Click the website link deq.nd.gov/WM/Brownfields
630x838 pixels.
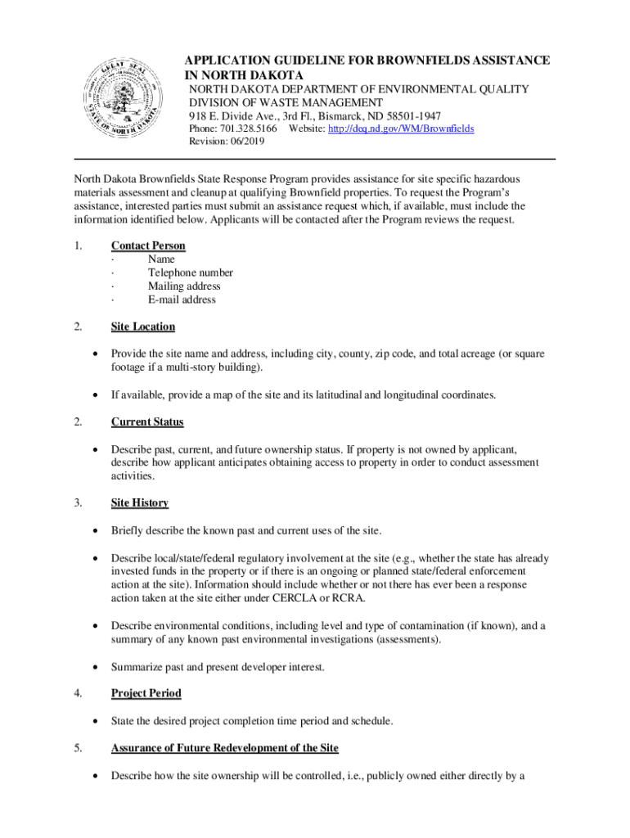pos(400,129)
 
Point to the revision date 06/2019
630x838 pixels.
pos(248,142)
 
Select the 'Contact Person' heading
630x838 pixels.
pos(148,246)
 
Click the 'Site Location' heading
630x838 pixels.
pos(143,327)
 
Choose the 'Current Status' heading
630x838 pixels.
pos(147,422)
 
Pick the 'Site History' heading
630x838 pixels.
pos(140,502)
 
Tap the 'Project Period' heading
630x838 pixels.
pos(146,693)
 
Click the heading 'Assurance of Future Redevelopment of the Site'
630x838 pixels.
pos(225,748)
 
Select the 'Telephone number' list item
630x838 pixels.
pos(190,273)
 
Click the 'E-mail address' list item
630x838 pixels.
pos(182,300)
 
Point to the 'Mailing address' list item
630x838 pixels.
pos(184,286)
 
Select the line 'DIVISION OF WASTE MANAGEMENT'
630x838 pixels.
pos(286,102)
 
